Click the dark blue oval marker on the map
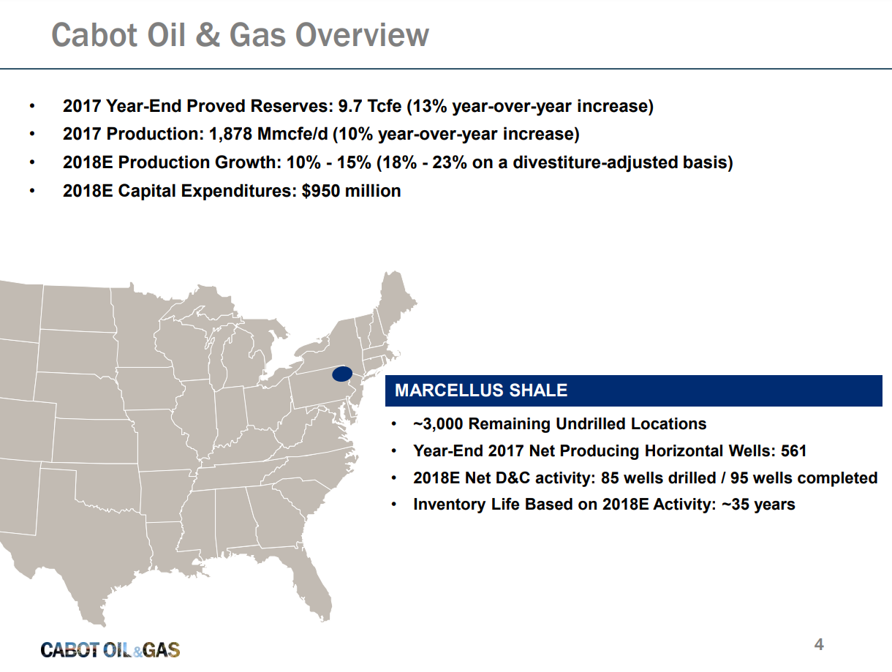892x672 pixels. click(342, 374)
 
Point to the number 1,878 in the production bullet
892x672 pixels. click(230, 135)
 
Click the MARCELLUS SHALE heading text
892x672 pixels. click(481, 390)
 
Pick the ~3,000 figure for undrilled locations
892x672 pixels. click(438, 424)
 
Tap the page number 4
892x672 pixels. click(819, 645)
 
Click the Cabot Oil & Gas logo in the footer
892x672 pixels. click(110, 650)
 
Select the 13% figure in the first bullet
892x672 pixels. click(429, 107)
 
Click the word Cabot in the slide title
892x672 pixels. click(94, 35)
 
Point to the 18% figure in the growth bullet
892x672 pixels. click(401, 162)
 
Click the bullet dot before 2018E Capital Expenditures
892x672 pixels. click(32, 191)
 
